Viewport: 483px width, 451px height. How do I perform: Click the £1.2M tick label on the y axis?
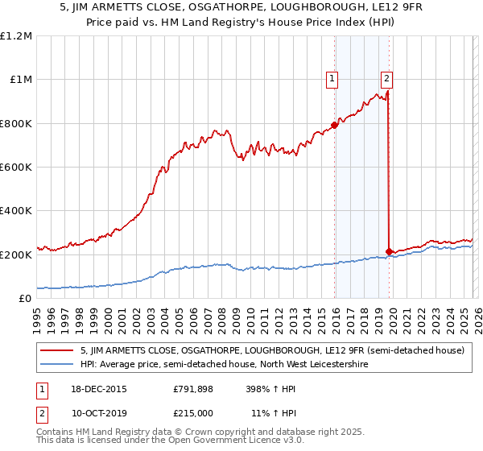(16, 36)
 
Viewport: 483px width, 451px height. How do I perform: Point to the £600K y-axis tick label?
(16, 168)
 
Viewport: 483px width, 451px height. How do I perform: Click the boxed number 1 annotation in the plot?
(332, 78)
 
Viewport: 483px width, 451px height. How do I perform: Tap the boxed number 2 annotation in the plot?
(387, 78)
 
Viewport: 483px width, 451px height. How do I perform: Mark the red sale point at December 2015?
(334, 125)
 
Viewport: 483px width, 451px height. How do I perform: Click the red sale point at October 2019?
(389, 251)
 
